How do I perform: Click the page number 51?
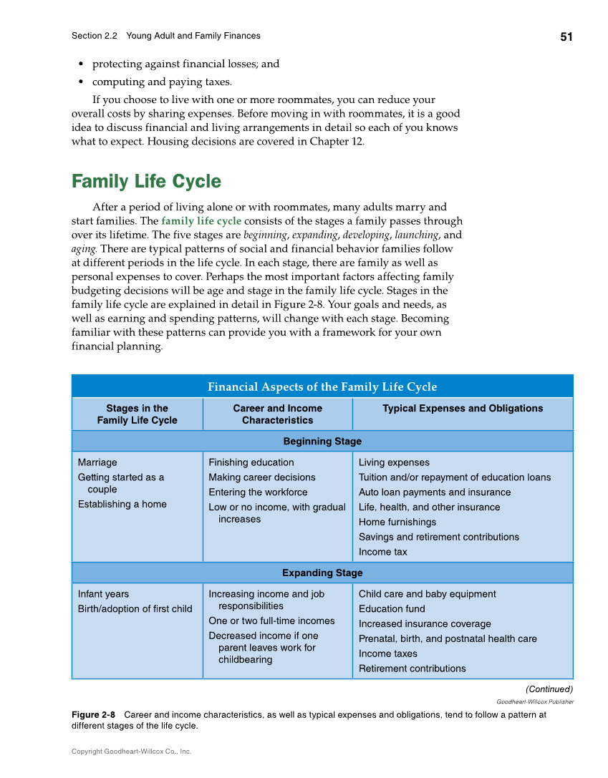coord(566,37)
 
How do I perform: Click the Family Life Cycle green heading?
coord(146,181)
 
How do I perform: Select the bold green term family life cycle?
coord(201,220)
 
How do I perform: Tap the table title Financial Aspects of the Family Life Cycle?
coord(322,386)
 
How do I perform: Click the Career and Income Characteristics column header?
coord(278,414)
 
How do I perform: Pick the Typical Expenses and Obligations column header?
coord(463,408)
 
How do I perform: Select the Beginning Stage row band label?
coord(322,441)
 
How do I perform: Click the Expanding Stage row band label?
coord(322,573)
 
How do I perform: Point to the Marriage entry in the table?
coord(97,462)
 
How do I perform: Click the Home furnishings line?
coord(397,522)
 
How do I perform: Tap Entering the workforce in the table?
coord(258,492)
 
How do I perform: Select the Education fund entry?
coord(392,608)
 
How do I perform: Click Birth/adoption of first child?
coord(135,608)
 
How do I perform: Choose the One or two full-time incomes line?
coord(271,621)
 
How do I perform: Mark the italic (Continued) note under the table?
coord(549,689)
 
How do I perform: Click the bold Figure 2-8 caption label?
coord(93,714)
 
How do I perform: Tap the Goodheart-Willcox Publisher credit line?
coord(535,701)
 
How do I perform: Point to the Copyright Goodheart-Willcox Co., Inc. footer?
coord(131,752)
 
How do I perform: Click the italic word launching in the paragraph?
coord(416,235)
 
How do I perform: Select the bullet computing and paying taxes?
coord(161,82)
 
